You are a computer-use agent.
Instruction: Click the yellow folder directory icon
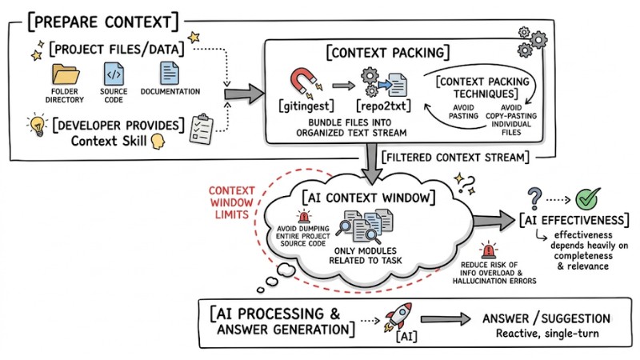(x=66, y=76)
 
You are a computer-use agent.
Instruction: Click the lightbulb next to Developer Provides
(x=35, y=126)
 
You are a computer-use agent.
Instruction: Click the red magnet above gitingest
(x=304, y=80)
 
